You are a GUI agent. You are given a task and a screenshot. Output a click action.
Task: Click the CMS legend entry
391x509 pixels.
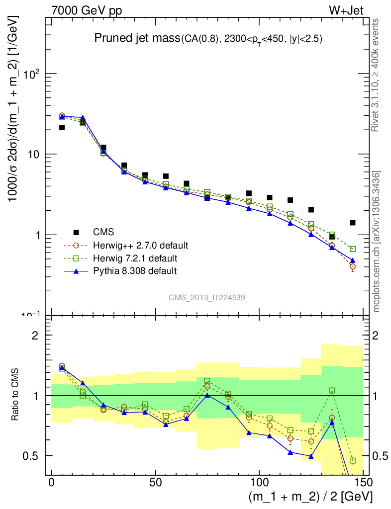[103, 232]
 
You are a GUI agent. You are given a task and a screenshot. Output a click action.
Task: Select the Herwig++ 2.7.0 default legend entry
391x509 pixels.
[140, 246]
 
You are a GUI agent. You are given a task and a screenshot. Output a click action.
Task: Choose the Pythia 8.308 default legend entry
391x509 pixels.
[135, 271]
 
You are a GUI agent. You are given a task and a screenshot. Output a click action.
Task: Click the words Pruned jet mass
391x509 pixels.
[137, 39]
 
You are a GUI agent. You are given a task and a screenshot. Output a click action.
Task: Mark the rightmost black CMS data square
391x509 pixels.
[353, 223]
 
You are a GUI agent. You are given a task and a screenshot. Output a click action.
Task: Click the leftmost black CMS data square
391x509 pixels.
[62, 128]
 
